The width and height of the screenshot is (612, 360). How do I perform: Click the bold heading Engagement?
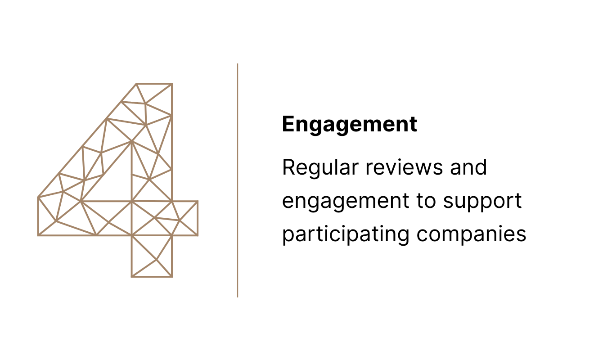point(349,124)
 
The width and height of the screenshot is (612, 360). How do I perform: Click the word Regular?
point(320,168)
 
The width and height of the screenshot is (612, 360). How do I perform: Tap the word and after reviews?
point(468,168)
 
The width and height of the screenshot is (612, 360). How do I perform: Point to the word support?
point(482,202)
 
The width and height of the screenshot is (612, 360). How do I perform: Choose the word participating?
point(346,234)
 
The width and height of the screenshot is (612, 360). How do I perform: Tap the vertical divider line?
point(238,180)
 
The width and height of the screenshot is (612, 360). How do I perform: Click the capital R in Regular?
point(288,168)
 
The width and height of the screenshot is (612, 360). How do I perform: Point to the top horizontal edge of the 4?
point(154,84)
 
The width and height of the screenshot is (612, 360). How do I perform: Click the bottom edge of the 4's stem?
point(152,276)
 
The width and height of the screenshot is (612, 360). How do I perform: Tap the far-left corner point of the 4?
point(38,197)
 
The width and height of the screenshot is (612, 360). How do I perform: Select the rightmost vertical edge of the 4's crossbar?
point(197,218)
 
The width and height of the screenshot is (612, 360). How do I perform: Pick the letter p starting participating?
point(287,235)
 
